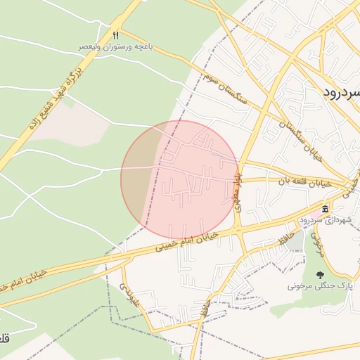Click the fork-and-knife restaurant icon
tap(116, 34)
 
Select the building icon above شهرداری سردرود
tap(325, 210)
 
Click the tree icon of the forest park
tap(321, 276)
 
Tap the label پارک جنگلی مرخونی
tap(319, 287)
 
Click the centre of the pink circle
tap(179, 179)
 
